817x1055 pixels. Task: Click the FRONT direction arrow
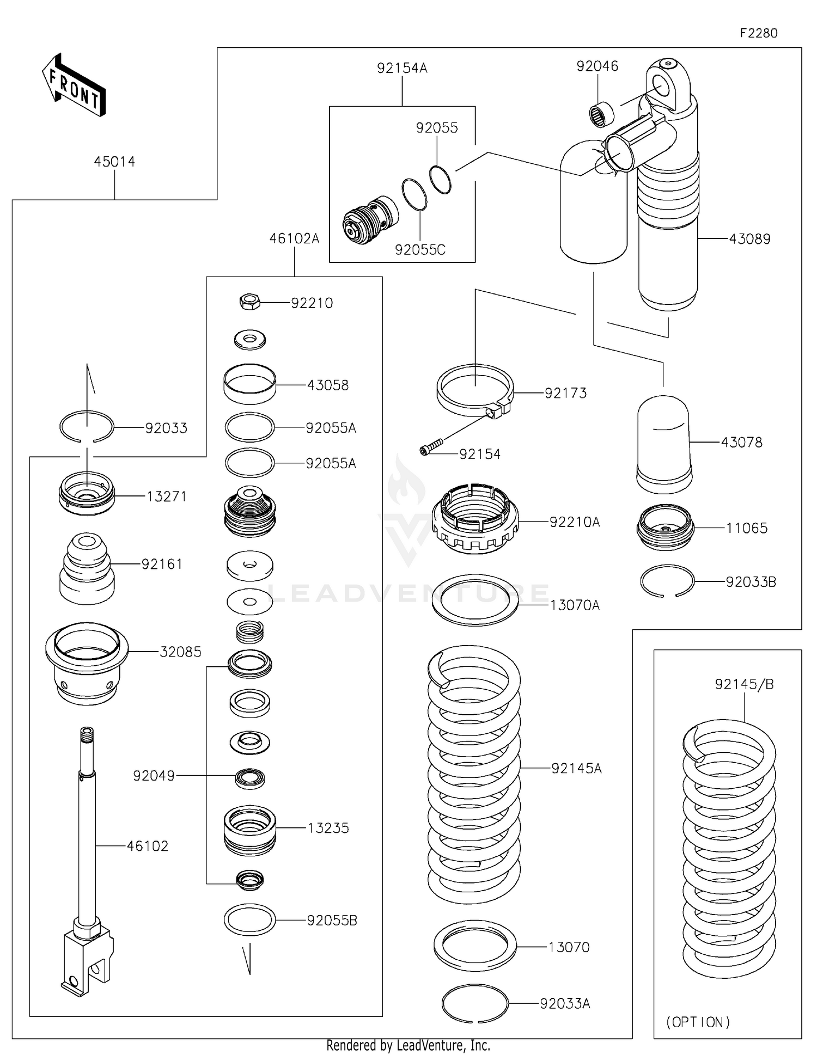74,85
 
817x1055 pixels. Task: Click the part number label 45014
114,162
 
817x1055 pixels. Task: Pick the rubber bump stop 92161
87,568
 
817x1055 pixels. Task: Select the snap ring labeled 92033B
667,581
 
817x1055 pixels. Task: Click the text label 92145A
576,768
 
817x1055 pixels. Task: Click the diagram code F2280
758,33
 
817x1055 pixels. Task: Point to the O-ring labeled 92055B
249,920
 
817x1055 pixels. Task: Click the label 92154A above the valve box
402,68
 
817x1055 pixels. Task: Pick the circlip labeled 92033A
475,1003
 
